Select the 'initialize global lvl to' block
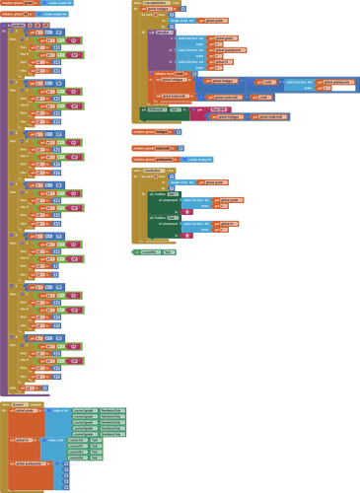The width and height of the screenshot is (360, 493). [18, 15]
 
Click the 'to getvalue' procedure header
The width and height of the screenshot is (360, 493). [22, 25]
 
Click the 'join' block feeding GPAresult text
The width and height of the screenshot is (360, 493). [198, 109]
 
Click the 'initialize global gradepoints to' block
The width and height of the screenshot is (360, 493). [154, 159]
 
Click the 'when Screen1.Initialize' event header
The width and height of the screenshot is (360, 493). [20, 404]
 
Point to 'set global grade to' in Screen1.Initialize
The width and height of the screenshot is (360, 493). [25, 411]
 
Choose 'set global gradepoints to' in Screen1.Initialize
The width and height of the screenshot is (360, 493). [30, 462]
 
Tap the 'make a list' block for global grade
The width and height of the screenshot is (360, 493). [58, 410]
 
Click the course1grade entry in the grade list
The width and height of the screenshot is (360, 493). [84, 410]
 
